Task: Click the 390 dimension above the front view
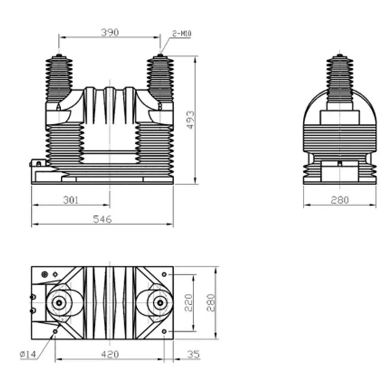click(x=110, y=33)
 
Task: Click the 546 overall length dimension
click(x=103, y=219)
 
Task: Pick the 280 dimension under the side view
click(x=339, y=200)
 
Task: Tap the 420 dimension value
click(x=110, y=354)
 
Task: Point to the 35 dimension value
click(x=193, y=354)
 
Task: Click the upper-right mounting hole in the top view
click(x=165, y=274)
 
